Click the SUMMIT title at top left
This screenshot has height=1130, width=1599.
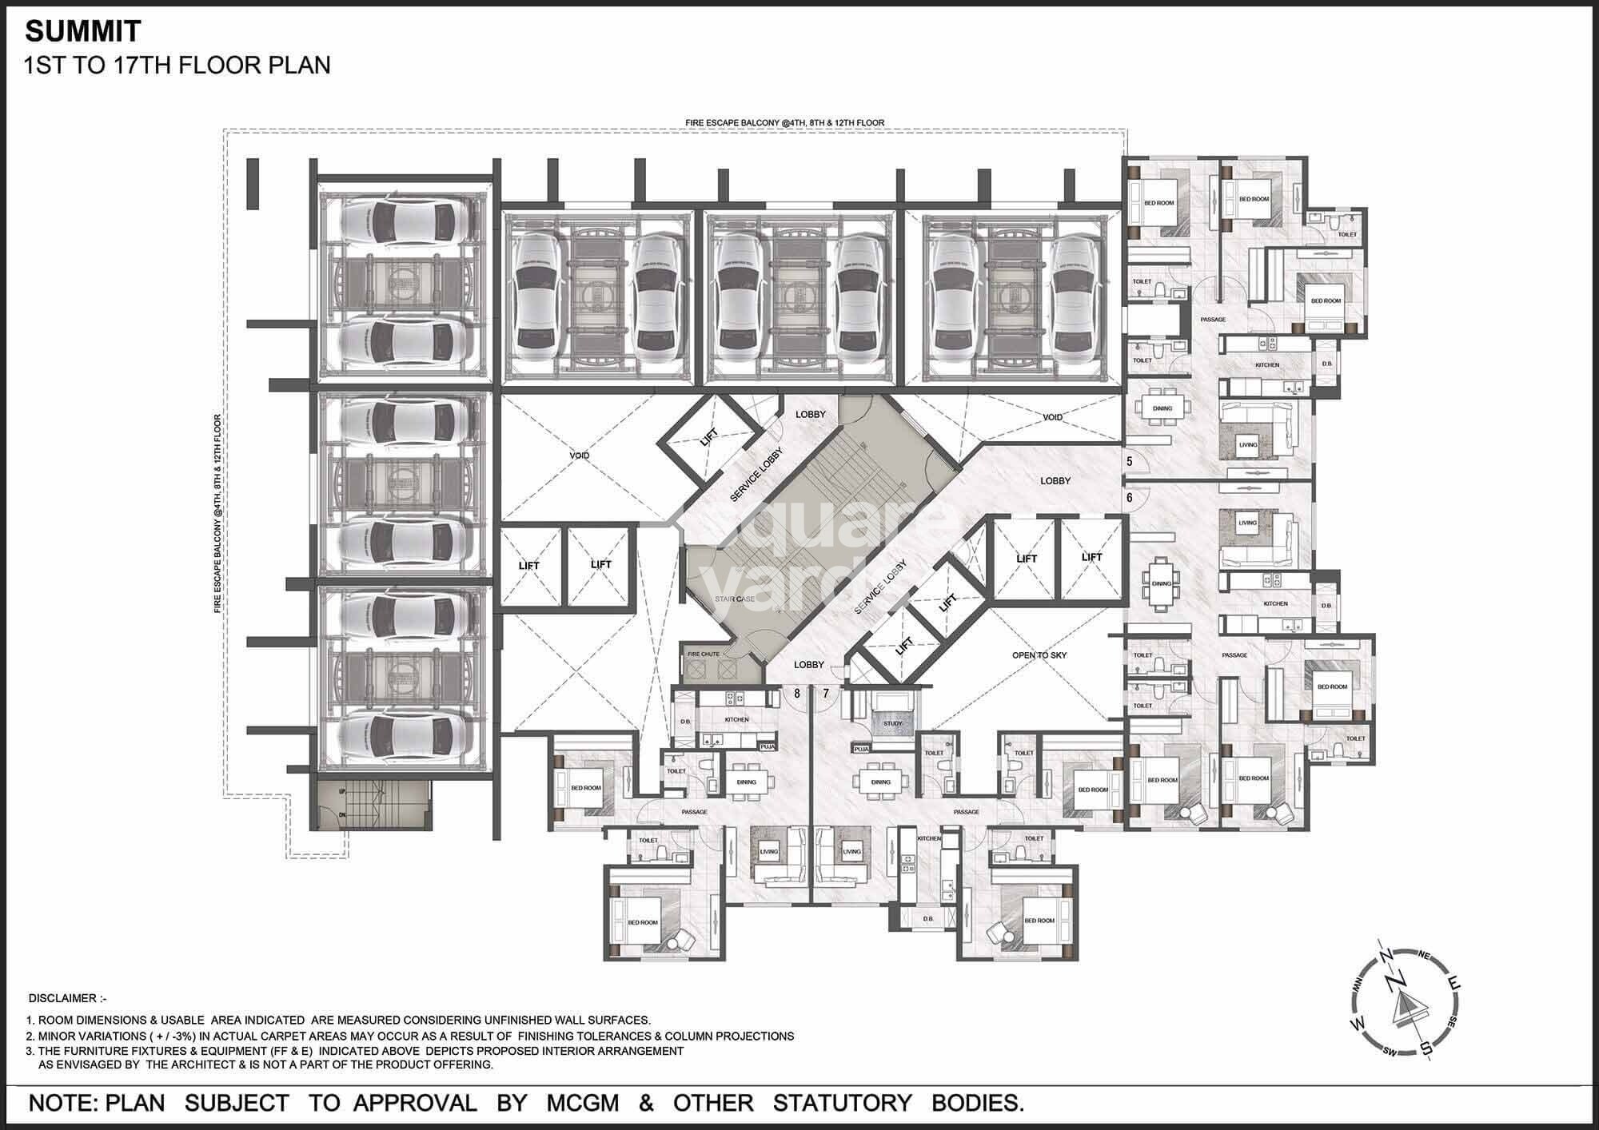[x=83, y=31]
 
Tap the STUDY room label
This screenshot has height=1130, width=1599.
[x=892, y=723]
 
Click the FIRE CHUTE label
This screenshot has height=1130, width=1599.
[x=704, y=654]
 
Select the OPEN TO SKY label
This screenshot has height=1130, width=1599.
[x=1039, y=655]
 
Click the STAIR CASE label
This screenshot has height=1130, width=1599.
[x=735, y=599]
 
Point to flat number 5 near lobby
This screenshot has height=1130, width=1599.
[x=1130, y=462]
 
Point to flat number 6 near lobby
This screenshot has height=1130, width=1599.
[x=1130, y=497]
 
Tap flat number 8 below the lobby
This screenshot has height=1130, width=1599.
[x=796, y=694]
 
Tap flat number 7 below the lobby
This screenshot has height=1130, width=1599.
[x=826, y=694]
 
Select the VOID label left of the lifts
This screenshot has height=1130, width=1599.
[x=579, y=456]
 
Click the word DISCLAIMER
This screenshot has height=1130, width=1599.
[x=67, y=999]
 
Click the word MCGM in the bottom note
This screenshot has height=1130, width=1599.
[x=583, y=1103]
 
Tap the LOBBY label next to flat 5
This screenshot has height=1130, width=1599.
[x=1055, y=481]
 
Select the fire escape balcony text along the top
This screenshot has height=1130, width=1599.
[x=784, y=123]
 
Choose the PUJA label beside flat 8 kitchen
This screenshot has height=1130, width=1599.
[x=767, y=746]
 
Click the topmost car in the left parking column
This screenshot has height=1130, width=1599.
[x=397, y=221]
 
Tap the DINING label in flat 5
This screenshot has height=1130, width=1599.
[x=1162, y=408]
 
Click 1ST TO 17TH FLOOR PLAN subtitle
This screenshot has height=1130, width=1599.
[x=177, y=65]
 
